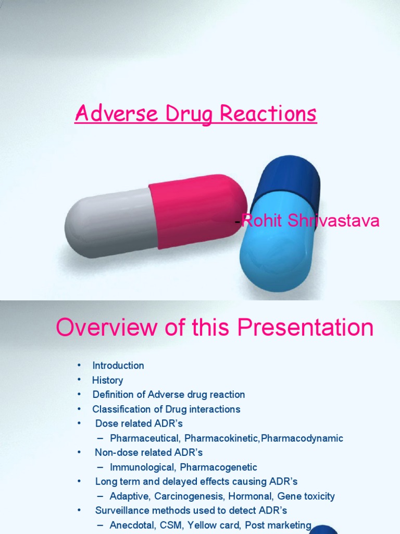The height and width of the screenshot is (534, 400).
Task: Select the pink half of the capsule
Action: point(198,211)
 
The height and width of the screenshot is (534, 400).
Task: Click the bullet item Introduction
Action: point(118,366)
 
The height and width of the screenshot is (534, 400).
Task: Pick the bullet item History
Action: point(107,380)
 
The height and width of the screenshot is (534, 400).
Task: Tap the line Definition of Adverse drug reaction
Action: point(168,395)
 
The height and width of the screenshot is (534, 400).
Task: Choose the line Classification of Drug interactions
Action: point(166,409)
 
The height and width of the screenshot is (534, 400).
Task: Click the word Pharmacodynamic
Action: point(302,439)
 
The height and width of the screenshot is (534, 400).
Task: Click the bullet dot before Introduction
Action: point(79,366)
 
